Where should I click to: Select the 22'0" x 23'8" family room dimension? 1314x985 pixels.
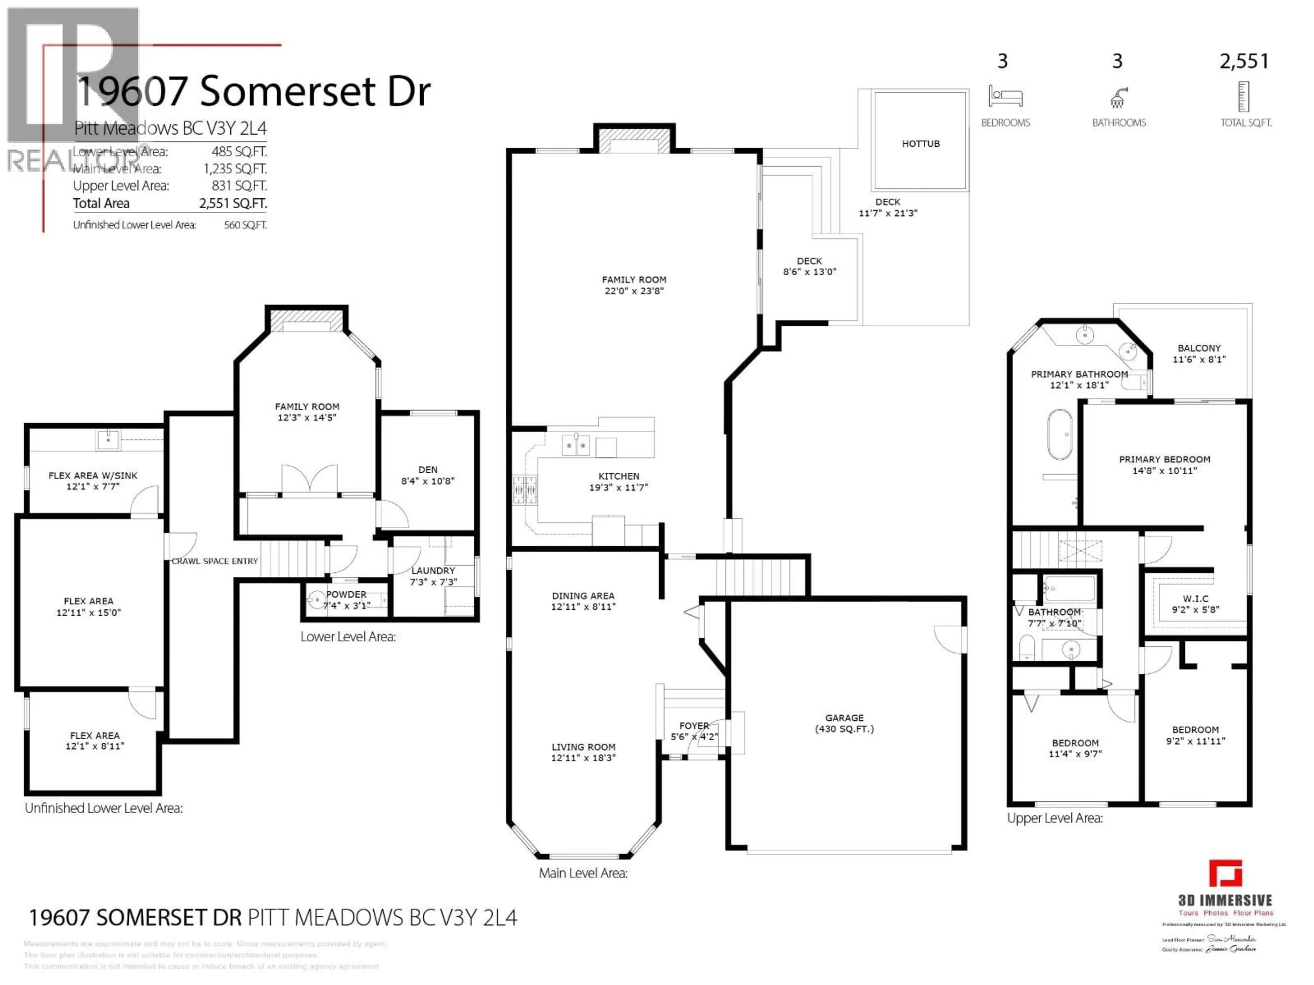tap(634, 291)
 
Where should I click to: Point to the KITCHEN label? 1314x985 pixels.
tap(618, 476)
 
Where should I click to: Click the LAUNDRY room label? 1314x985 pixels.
tap(433, 570)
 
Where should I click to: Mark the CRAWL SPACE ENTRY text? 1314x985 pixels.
tap(215, 561)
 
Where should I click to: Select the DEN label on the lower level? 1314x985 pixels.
tap(428, 470)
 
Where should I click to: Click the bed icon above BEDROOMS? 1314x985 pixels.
tap(1005, 96)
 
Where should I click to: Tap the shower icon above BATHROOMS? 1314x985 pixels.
tap(1118, 98)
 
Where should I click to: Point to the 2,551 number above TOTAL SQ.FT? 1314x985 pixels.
tap(1244, 61)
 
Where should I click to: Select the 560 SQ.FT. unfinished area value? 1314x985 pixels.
tap(245, 225)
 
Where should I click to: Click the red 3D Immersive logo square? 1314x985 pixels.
tap(1225, 874)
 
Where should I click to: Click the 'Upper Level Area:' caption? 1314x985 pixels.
tap(1054, 818)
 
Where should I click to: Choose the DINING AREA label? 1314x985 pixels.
tap(583, 595)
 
